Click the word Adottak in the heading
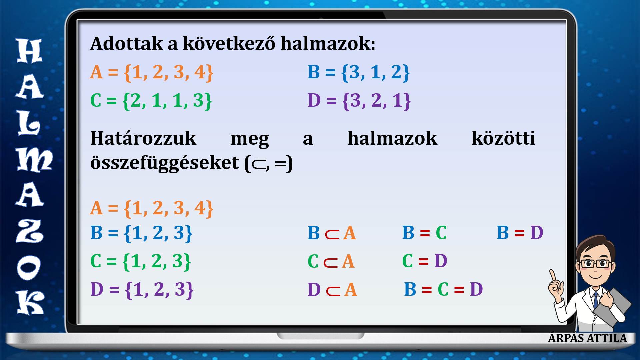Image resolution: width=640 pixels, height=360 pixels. point(127,44)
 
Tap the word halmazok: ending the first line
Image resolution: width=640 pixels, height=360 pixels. point(328,44)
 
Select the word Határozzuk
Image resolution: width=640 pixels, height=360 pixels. point(143,138)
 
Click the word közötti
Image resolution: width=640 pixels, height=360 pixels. point(503,138)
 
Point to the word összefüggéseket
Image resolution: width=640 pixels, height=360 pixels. point(165,163)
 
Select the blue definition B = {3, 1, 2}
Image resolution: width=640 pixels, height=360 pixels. point(358,72)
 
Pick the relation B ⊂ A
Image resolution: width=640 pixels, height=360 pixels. point(332,233)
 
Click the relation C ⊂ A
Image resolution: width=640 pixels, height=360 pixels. point(331,261)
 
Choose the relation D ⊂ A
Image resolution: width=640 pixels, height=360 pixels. point(332,289)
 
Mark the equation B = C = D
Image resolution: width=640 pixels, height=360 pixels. point(443,289)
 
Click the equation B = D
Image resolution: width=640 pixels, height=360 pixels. point(520,233)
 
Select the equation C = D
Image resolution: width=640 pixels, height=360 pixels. point(425,261)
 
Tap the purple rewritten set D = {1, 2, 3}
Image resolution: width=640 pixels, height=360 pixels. point(142,289)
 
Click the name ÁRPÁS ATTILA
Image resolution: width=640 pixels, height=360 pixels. point(587,338)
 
